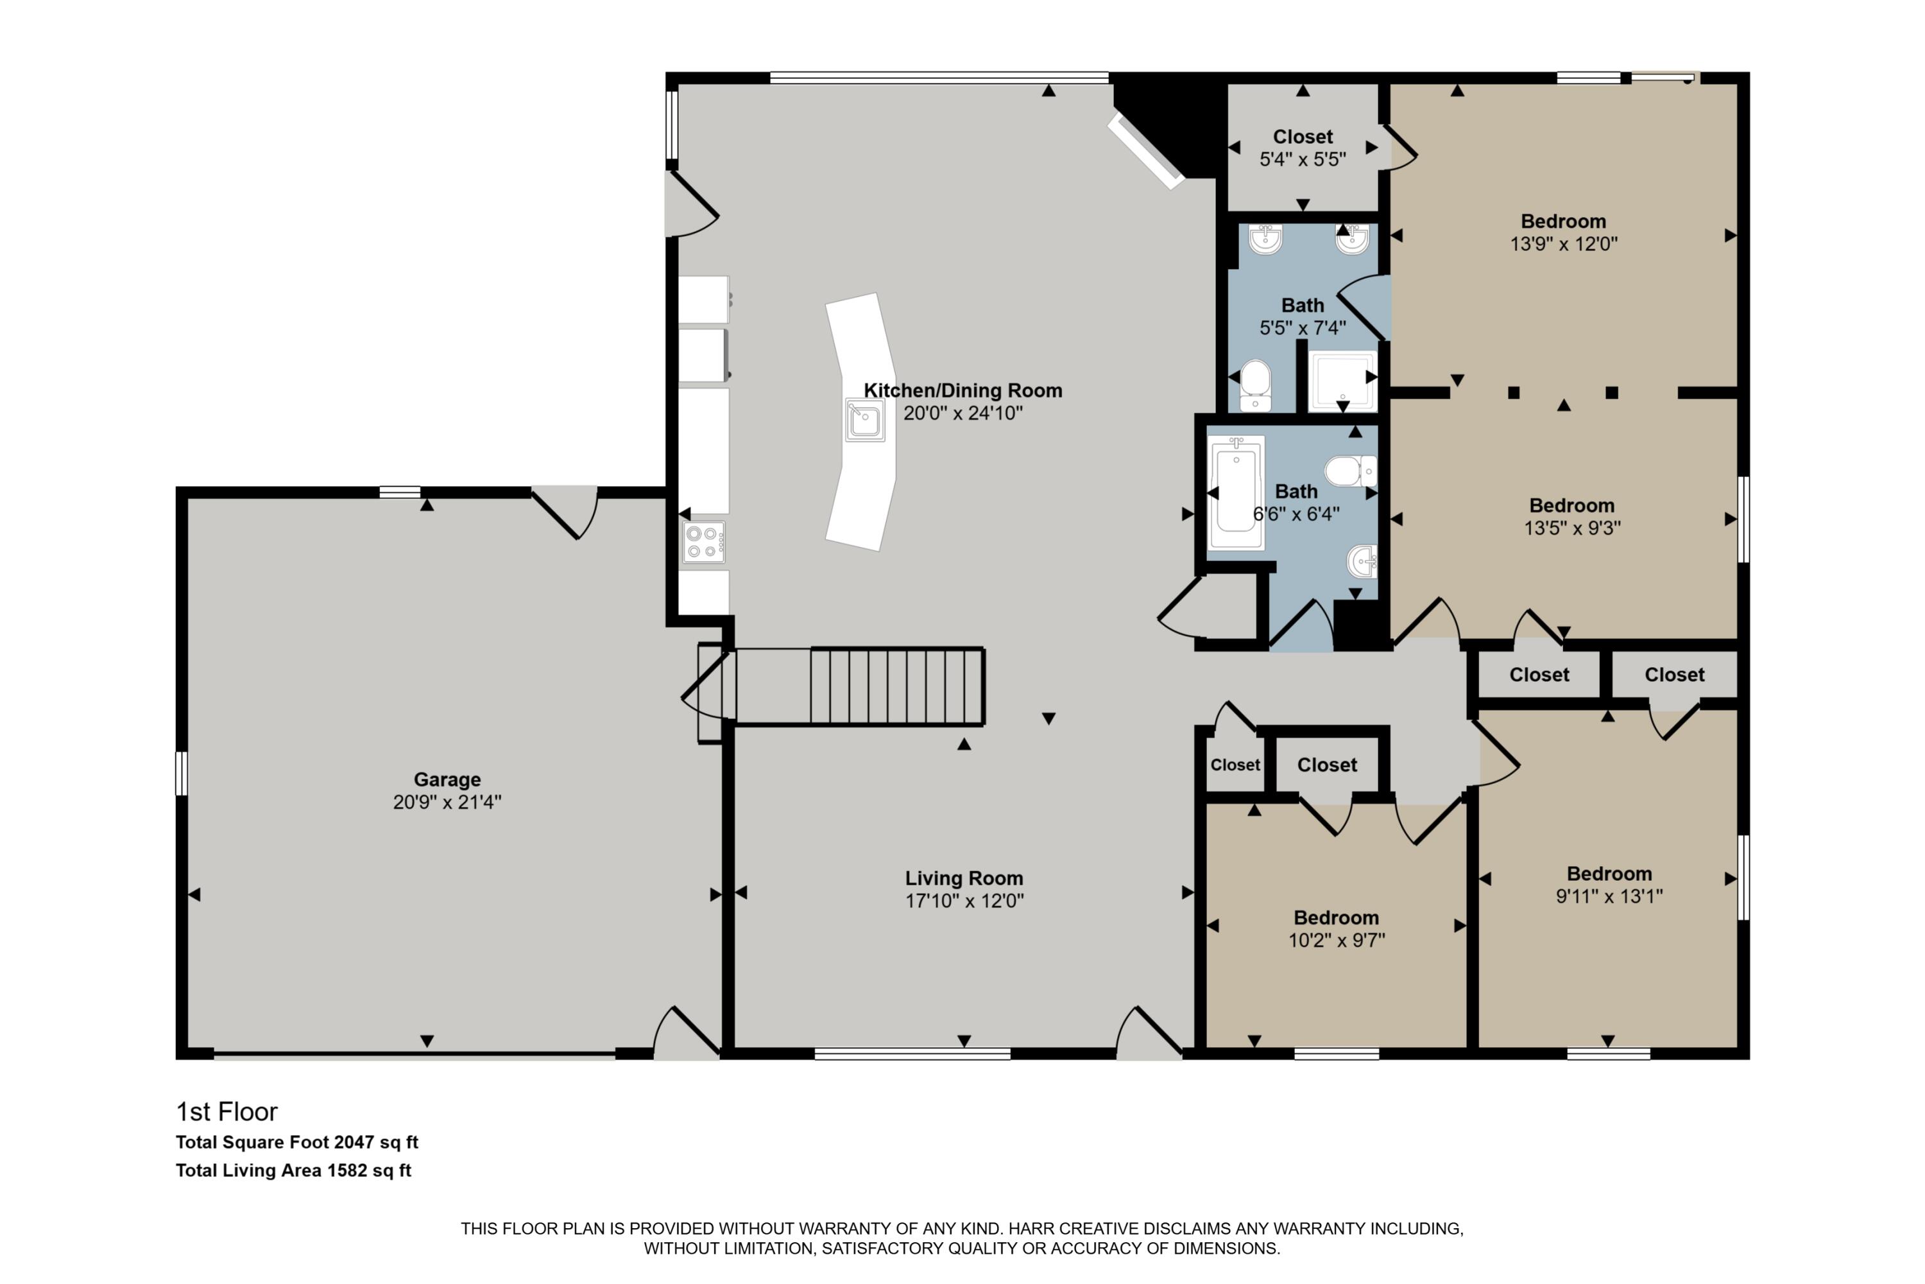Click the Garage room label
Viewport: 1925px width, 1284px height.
click(x=447, y=779)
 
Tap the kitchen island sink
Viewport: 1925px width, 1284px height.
click(x=864, y=420)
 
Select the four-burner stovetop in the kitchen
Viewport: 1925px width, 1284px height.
click(x=704, y=542)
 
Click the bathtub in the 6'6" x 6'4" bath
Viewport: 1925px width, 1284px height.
click(x=1236, y=494)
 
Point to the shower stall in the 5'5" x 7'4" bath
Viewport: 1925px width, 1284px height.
click(x=1342, y=381)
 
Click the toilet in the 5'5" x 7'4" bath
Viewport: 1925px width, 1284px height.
click(x=1254, y=385)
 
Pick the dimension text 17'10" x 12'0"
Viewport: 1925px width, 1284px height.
click(x=964, y=901)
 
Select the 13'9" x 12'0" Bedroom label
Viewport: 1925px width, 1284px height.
click(x=1563, y=221)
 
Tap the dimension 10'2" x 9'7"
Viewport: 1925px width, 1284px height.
click(x=1337, y=940)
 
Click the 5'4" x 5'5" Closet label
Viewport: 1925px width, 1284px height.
click(x=1302, y=137)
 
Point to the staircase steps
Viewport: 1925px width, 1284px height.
click(x=896, y=686)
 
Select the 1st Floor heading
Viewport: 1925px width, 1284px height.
click(x=227, y=1112)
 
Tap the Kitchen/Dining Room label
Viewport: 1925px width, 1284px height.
click(x=963, y=390)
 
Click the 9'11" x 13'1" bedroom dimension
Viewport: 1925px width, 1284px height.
click(x=1609, y=896)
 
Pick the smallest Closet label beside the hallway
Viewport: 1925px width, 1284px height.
click(x=1235, y=765)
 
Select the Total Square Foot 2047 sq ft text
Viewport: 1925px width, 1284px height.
click(x=296, y=1142)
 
